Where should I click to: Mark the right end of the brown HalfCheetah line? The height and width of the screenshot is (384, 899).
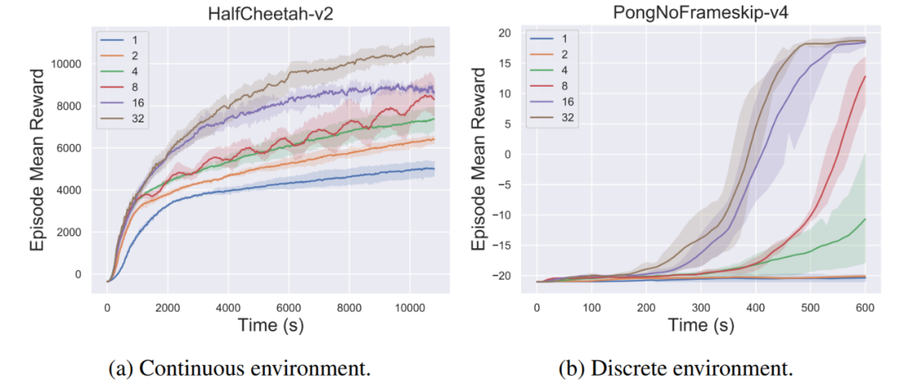tap(434, 47)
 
